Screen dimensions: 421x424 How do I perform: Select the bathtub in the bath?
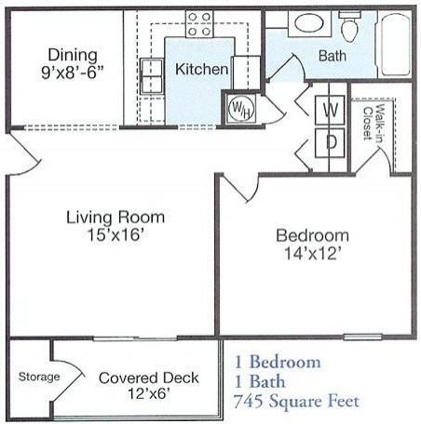pos(395,44)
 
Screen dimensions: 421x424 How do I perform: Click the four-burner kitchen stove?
pos(199,23)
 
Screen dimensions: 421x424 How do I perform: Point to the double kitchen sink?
pos(152,75)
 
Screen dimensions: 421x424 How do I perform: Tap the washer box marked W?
pos(330,110)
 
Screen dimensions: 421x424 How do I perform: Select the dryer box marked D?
pos(330,143)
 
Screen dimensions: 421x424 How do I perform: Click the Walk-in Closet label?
pos(373,123)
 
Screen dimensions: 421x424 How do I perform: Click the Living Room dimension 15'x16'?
pos(115,234)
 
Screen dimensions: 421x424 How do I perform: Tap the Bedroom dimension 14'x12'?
pos(313,253)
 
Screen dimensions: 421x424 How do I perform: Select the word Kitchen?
pos(201,69)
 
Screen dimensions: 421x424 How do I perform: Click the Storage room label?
pos(39,377)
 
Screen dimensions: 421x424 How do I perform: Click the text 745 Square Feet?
pos(296,401)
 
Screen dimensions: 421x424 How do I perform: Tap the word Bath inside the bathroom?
pos(333,56)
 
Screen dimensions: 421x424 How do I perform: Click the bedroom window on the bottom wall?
pos(362,337)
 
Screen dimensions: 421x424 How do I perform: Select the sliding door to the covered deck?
pos(135,338)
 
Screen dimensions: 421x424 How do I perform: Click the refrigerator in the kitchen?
pos(246,73)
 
